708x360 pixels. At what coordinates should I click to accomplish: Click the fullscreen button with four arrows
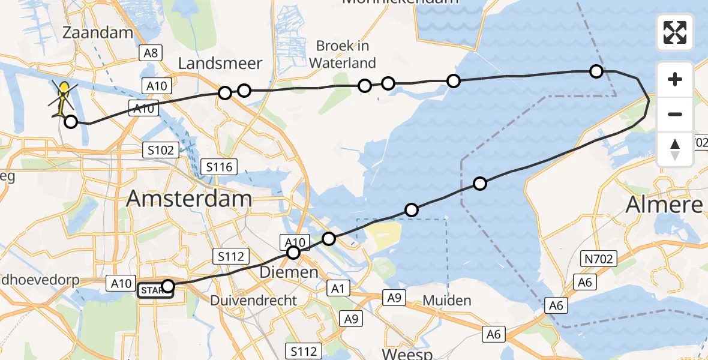pos(675,32)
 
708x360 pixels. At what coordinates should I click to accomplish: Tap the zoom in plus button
pos(675,79)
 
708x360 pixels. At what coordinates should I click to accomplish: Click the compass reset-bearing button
pos(675,149)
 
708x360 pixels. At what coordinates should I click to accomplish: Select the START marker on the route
pos(155,291)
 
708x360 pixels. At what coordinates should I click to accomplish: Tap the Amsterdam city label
pos(189,199)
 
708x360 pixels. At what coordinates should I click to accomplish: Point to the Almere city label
pos(664,205)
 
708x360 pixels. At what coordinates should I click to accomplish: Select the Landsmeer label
pos(220,63)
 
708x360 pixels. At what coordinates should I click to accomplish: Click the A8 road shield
pos(150,53)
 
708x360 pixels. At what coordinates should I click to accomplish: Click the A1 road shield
pos(338,289)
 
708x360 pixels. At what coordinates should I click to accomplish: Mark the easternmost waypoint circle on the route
pos(596,71)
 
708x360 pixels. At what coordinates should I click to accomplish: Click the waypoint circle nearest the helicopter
pos(71,122)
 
